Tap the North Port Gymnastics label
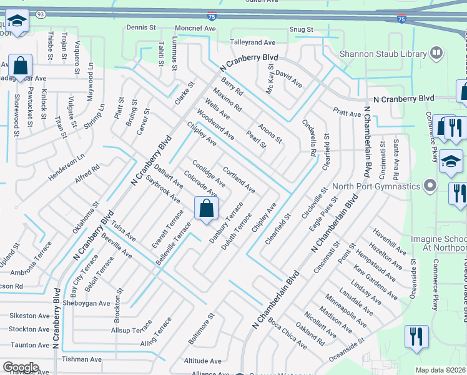[376, 186]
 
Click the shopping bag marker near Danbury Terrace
[206, 209]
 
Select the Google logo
[20, 367]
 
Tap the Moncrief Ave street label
[195, 28]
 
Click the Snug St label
[301, 29]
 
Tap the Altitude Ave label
[203, 361]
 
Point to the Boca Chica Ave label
[288, 334]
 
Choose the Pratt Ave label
[347, 113]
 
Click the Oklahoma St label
[86, 217]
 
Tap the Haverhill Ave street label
[389, 241]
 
